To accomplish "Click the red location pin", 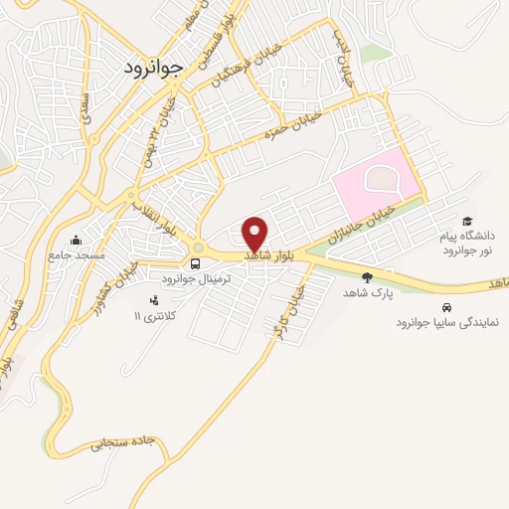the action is pyautogui.click(x=255, y=234).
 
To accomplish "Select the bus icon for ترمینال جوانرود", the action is pyautogui.click(x=196, y=264).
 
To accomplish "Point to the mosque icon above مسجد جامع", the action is pyautogui.click(x=77, y=240).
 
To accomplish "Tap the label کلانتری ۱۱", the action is pyautogui.click(x=153, y=315).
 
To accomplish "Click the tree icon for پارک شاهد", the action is pyautogui.click(x=367, y=277).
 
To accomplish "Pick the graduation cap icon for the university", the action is pyautogui.click(x=466, y=222).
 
